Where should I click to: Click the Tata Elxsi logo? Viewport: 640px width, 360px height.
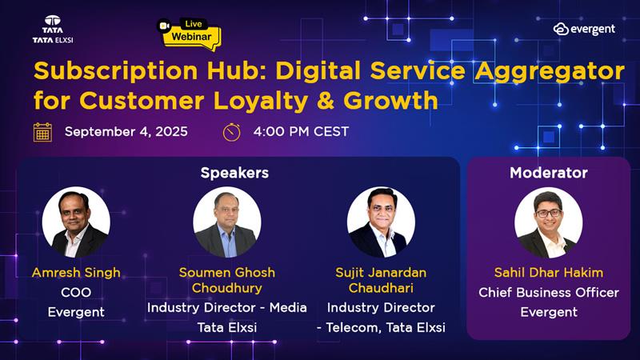(53, 29)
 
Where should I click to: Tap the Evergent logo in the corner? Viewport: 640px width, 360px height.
(584, 29)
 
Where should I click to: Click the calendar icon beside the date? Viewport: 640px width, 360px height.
(42, 131)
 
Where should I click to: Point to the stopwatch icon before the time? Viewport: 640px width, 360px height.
(231, 131)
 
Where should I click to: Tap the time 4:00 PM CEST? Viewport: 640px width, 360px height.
(300, 131)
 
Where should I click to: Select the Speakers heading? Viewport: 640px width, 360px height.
(234, 173)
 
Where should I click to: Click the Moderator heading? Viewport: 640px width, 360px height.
(548, 173)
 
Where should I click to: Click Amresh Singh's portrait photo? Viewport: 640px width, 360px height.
(75, 222)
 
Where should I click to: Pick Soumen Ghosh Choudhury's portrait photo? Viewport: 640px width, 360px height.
(226, 222)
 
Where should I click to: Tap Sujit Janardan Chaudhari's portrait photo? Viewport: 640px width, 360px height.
(381, 222)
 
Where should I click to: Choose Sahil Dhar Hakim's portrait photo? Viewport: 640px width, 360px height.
(548, 222)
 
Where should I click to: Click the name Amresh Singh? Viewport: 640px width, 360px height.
(76, 273)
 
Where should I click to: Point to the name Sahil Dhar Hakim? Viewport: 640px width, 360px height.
(549, 273)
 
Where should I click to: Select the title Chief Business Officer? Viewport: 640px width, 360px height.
(549, 292)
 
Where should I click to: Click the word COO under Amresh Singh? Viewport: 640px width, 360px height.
(76, 292)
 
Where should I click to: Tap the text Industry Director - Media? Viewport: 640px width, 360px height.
(226, 307)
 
